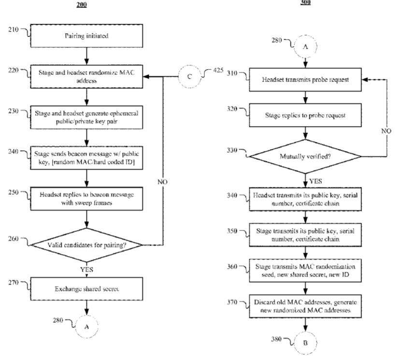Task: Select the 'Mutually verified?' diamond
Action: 305,157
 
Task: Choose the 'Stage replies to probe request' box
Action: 305,116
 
